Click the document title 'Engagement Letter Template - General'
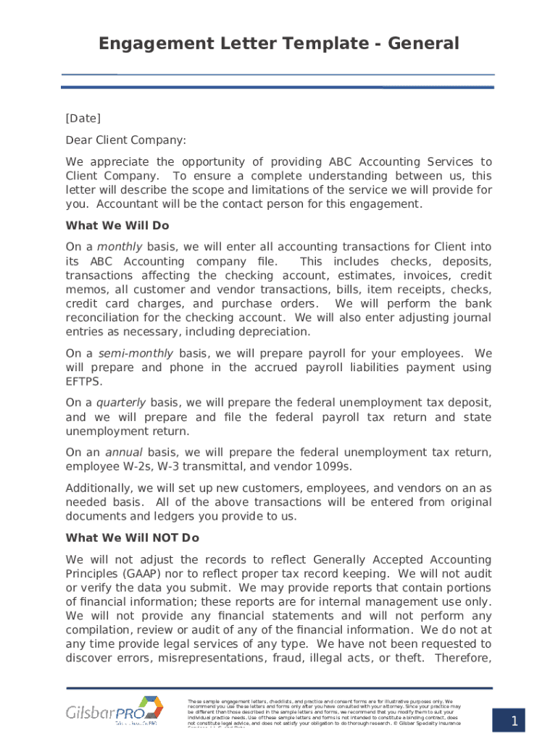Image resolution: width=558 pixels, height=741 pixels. pos(279,43)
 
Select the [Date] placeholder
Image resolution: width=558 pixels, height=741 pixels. pos(83,118)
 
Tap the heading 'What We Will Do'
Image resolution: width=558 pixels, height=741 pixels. pos(117,225)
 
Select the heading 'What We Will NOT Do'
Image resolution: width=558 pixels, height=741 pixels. pos(132,538)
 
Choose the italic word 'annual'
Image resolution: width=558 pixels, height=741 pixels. pos(124,452)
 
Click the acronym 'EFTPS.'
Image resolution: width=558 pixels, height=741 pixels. pos(84,381)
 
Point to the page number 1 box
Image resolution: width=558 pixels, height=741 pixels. pos(513,721)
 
